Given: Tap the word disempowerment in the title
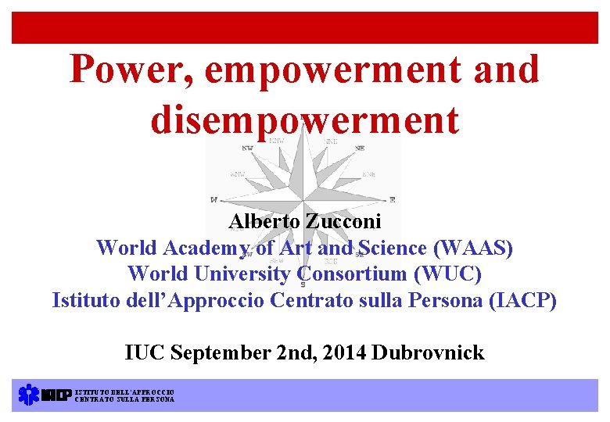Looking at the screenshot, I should [304, 120].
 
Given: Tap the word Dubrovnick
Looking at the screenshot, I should [429, 352].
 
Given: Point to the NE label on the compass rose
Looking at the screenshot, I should [359, 148].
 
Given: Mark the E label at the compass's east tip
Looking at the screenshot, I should [392, 200].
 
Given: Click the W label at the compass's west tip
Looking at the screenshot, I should [213, 200].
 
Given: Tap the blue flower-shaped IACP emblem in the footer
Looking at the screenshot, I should [28, 395].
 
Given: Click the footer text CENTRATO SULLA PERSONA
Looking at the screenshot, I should [124, 399].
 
